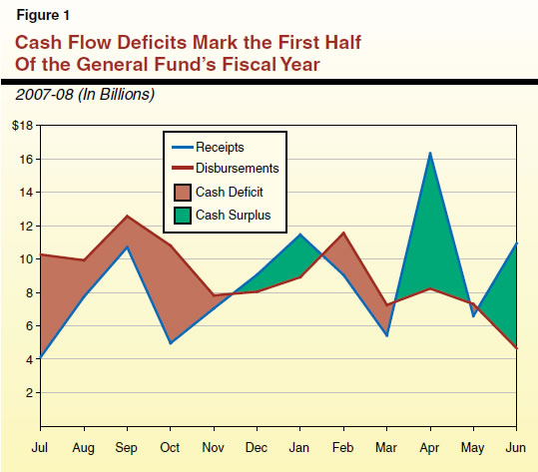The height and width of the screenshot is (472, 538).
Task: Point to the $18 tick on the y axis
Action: coord(21,126)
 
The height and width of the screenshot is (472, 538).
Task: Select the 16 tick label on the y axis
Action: coord(25,160)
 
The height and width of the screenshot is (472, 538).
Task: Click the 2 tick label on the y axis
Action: coord(29,393)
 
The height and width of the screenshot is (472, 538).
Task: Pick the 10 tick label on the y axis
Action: coord(25,259)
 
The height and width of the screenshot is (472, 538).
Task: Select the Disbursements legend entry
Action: coord(238,169)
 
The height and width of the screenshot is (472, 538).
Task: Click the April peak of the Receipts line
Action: coord(429,153)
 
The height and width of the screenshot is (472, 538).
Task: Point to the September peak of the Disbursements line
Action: coord(127,216)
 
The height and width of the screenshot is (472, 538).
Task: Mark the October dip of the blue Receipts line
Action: coord(171,343)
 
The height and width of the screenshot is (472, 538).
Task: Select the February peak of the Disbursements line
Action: coord(342,233)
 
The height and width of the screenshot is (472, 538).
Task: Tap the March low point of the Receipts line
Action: coord(386,335)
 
